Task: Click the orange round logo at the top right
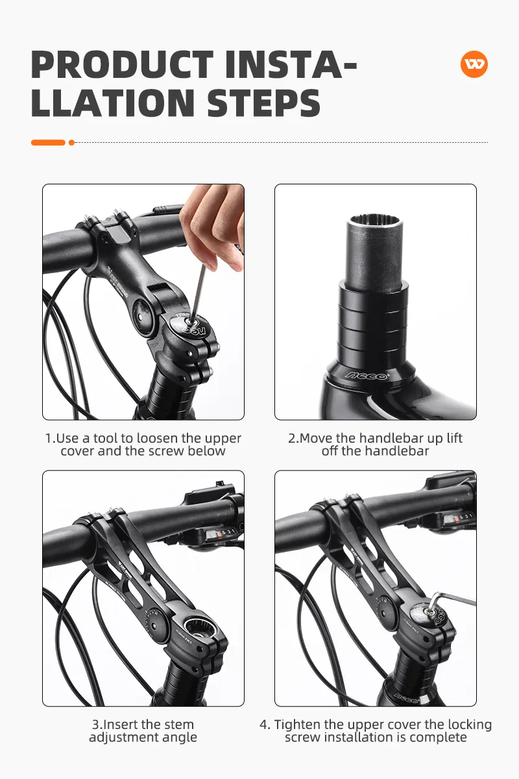click(x=474, y=64)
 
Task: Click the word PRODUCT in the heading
click(x=123, y=65)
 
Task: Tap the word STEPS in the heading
click(x=263, y=103)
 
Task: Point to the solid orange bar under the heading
click(x=48, y=142)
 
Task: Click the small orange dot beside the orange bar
click(x=71, y=142)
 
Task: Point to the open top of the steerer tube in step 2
click(x=374, y=221)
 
